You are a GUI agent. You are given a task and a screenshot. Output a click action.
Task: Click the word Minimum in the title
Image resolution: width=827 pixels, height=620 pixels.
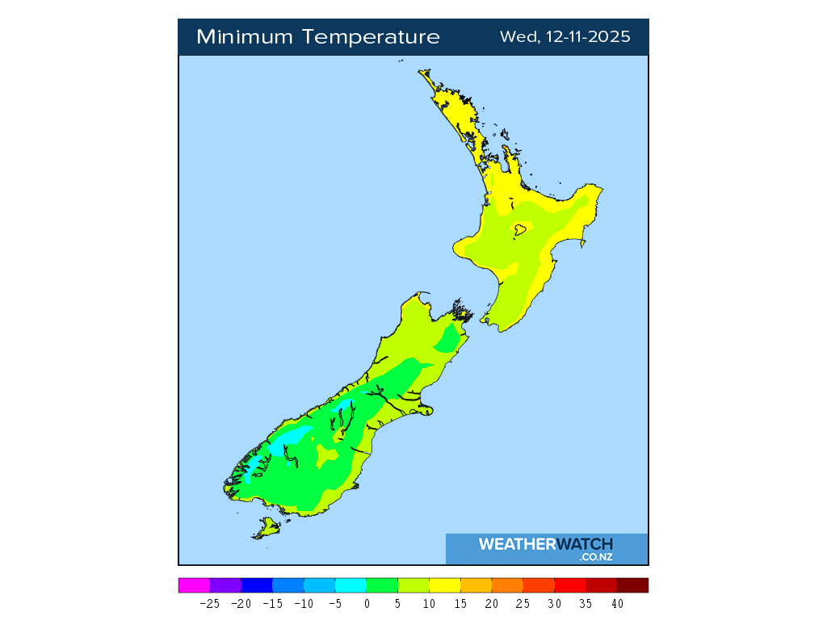coord(246,37)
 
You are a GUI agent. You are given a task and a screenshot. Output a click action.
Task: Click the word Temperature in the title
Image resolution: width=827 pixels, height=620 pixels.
coord(372,37)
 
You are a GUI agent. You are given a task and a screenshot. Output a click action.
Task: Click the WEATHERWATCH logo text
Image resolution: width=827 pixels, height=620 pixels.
coord(545,544)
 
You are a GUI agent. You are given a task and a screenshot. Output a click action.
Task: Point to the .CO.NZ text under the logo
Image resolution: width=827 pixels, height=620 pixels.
coord(596,557)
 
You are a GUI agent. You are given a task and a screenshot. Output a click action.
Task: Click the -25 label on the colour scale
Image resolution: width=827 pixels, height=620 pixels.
coord(209,603)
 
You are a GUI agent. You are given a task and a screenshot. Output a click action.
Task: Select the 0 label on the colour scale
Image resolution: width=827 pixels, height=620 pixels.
coord(367,603)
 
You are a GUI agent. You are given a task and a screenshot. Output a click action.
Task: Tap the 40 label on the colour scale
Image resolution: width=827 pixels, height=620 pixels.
coord(617,603)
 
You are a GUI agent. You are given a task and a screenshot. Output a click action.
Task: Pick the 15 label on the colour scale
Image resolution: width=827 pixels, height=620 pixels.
coord(460,603)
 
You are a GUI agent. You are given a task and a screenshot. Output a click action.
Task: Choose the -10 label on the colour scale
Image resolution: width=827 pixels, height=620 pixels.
coord(304,603)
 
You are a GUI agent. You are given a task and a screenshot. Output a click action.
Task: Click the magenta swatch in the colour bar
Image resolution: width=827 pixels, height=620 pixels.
coord(194,585)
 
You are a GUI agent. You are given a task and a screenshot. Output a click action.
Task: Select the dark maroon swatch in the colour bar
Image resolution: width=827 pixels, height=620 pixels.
coord(632,585)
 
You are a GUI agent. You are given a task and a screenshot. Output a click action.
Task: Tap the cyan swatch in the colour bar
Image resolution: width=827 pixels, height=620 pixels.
coord(351,585)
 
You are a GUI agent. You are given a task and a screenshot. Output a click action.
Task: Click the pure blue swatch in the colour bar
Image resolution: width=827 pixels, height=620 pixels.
coord(257,585)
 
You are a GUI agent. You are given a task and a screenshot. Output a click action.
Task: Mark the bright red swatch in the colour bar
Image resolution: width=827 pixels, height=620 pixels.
coord(569,585)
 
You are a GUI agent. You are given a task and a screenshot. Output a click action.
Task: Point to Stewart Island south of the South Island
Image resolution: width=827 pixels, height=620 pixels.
coord(267,530)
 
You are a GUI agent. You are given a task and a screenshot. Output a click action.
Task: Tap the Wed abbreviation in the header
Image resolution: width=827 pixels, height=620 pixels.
coord(515,37)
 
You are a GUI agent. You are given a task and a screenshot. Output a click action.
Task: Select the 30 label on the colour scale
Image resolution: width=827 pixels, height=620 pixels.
coord(554,603)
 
